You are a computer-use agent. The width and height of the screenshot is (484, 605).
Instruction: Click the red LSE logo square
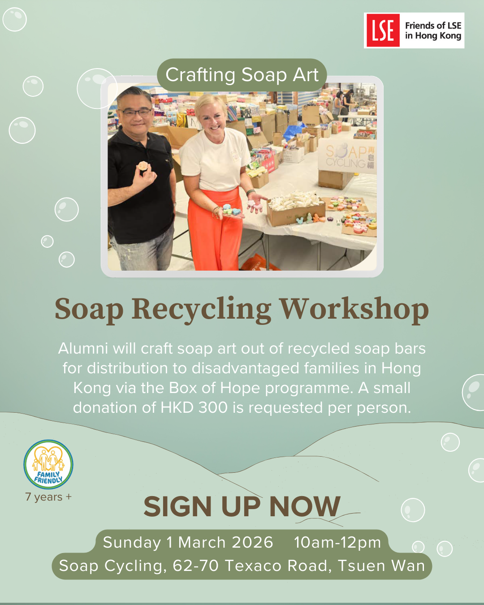tap(383, 30)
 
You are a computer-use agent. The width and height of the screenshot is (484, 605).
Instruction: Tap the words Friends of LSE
tap(433, 26)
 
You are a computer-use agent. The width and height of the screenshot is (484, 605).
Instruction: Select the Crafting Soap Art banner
tap(242, 75)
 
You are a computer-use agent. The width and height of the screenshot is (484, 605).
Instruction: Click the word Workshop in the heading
tap(354, 309)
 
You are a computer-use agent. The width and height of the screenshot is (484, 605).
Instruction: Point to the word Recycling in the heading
tap(201, 309)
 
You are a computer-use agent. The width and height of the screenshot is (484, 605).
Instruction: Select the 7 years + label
tap(48, 497)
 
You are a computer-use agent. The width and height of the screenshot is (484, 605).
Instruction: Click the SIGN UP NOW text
tap(242, 507)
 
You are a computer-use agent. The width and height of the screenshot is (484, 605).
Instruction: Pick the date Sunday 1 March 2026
tap(188, 543)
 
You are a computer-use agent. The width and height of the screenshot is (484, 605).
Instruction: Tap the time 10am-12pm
tap(337, 543)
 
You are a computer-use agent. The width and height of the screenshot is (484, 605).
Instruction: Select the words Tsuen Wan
tap(381, 566)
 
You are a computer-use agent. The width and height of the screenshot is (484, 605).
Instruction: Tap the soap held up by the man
tap(143, 166)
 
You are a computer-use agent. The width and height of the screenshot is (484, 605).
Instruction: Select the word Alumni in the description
tap(83, 349)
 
